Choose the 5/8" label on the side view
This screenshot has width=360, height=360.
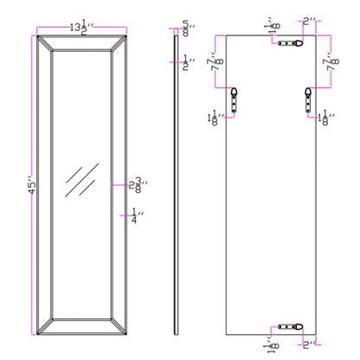pyautogui.click(x=187, y=27)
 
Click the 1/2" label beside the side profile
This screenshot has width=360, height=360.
pyautogui.click(x=187, y=61)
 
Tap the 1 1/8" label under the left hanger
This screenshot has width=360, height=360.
pyautogui.click(x=213, y=119)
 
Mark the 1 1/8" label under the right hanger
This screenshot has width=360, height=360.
pyautogui.click(x=328, y=119)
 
